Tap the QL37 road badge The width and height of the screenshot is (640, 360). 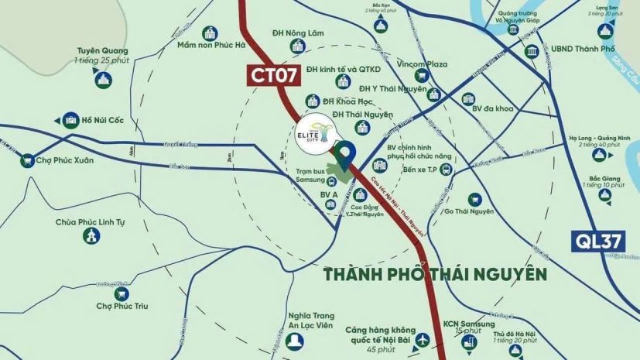pyautogui.click(x=597, y=241)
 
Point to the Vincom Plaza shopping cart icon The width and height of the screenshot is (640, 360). pyautogui.click(x=422, y=76)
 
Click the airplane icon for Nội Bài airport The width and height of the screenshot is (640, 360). pyautogui.click(x=423, y=340)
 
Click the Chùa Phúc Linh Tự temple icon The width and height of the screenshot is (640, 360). pyautogui.click(x=91, y=235)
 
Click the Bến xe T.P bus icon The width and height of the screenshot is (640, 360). pyautogui.click(x=446, y=170)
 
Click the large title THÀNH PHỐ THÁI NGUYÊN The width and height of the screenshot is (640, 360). pyautogui.click(x=436, y=274)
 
